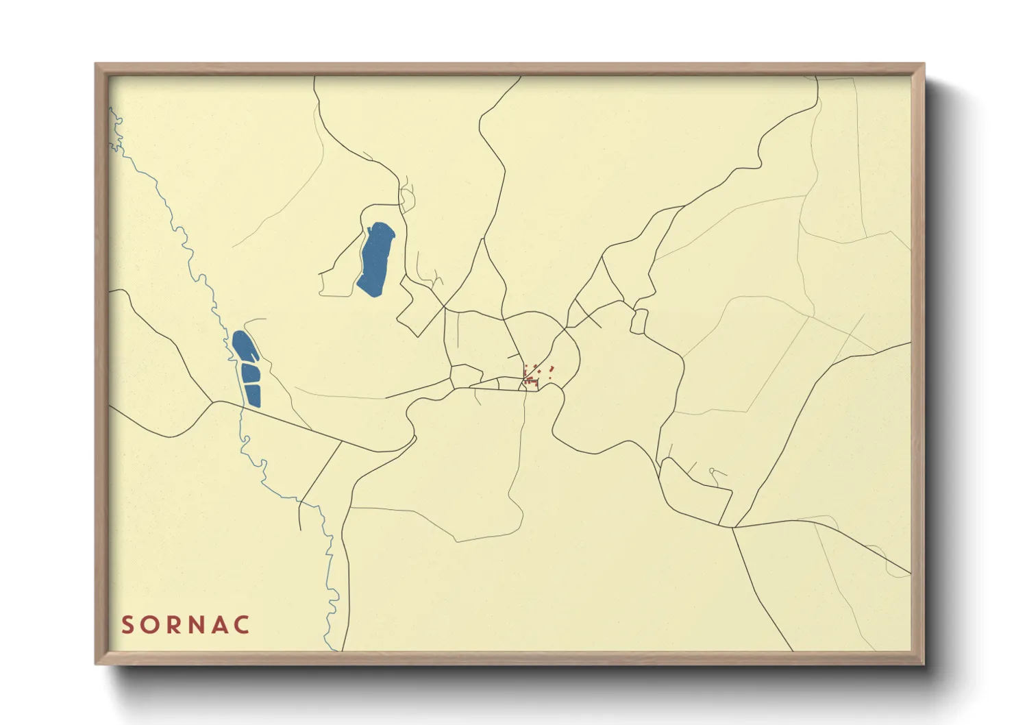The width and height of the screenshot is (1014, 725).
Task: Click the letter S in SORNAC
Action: point(127,625)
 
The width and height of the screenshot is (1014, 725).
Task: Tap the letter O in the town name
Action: point(151,625)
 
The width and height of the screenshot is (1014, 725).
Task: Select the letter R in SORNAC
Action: point(175,625)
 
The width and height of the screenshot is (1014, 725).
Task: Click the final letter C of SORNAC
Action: point(243,625)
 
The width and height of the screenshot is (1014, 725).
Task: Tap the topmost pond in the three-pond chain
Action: point(245,347)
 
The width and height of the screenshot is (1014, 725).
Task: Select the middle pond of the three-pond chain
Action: point(251,373)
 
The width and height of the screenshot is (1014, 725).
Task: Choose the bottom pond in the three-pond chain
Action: point(253,395)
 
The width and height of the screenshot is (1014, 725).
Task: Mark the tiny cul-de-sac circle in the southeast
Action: point(712,470)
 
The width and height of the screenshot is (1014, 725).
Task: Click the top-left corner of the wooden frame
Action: point(97,65)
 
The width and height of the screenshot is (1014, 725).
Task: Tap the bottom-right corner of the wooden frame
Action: point(923,663)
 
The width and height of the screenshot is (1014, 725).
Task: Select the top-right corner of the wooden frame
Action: point(923,65)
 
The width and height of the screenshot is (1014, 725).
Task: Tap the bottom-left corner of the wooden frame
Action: point(97,663)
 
